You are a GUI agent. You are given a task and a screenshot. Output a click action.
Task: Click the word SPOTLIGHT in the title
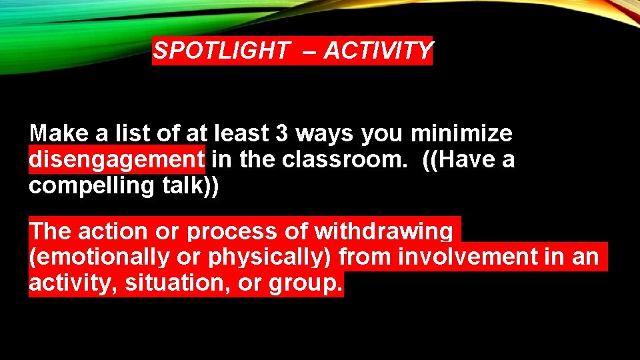221,51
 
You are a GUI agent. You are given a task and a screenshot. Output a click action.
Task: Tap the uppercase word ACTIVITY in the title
378,51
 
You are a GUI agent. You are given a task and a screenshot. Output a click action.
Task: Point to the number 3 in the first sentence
281,134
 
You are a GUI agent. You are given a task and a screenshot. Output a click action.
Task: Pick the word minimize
461,134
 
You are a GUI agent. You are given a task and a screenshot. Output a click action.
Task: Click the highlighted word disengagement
117,161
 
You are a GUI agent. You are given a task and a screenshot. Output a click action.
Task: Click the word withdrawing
383,231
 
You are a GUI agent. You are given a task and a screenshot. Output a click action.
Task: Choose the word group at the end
305,284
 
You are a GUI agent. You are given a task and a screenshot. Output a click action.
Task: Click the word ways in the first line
324,134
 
